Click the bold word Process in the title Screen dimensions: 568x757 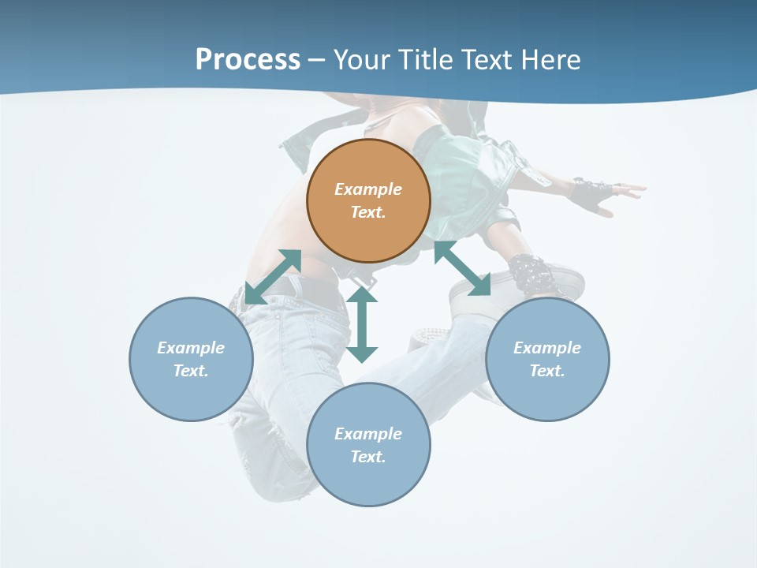[x=248, y=59]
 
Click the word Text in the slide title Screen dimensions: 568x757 [x=489, y=59]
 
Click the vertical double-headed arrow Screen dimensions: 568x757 [x=362, y=325]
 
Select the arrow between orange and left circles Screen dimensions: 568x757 [x=273, y=277]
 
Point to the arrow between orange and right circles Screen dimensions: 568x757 [x=462, y=269]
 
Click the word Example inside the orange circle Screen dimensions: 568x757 [x=368, y=189]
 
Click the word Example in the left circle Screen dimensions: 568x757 [x=191, y=348]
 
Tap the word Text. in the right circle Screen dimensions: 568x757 [x=547, y=371]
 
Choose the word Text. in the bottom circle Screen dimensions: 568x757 [x=368, y=457]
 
